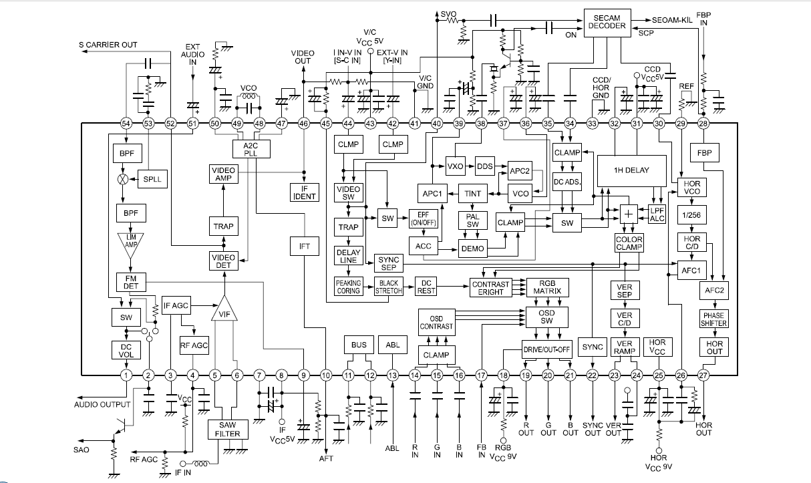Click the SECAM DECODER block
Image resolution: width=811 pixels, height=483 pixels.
click(x=607, y=21)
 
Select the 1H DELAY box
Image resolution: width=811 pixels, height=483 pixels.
click(x=631, y=170)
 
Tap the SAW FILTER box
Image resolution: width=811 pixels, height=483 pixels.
click(x=228, y=429)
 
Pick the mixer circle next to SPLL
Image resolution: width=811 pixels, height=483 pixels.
click(x=122, y=180)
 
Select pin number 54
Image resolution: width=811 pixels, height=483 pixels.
click(x=126, y=123)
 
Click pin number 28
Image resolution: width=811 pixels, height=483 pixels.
click(x=703, y=123)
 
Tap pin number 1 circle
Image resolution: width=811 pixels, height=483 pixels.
click(x=126, y=376)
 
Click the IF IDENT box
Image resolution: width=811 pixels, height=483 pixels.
click(x=304, y=192)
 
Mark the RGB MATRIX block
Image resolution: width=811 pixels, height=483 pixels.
click(x=546, y=287)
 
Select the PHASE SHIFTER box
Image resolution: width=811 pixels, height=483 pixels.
click(x=713, y=319)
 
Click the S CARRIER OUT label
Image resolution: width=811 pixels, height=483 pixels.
click(x=108, y=45)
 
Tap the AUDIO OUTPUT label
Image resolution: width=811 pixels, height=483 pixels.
click(x=102, y=404)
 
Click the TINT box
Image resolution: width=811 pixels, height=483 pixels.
click(x=472, y=194)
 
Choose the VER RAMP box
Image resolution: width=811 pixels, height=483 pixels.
click(x=624, y=348)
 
